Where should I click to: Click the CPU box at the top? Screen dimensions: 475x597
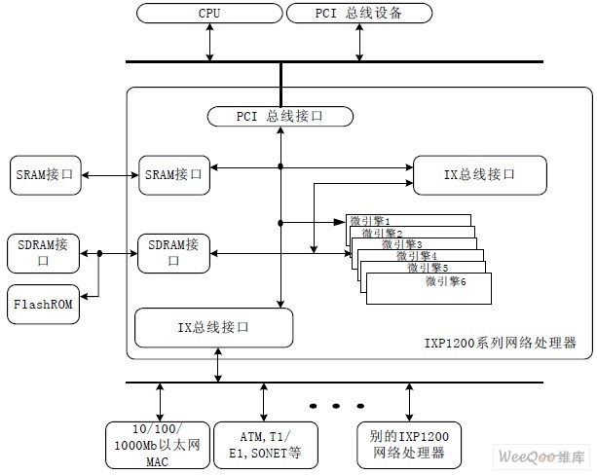pos(208,14)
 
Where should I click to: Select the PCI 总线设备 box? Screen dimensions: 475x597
pos(358,14)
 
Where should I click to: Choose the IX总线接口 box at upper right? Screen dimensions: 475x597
pos(479,174)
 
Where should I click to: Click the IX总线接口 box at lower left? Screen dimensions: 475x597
pos(213,327)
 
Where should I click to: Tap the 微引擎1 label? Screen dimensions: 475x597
pos(369,221)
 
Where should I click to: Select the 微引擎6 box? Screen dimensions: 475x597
pos(429,287)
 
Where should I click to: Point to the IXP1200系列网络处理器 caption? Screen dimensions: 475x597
pos(501,344)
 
